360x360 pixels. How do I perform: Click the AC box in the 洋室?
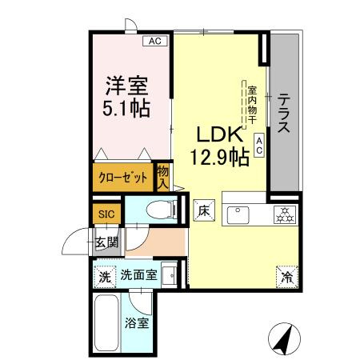coord(154,41)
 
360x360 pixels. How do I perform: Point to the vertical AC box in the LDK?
coord(259,144)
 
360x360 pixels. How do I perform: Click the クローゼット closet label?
coord(122,178)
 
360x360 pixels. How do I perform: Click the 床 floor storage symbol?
coord(203,212)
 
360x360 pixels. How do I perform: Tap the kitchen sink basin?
coord(238,214)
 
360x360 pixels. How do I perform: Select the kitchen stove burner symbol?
coord(283,214)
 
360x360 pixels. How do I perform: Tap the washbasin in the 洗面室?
coord(170,277)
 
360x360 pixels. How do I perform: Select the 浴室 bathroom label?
coord(135,325)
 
